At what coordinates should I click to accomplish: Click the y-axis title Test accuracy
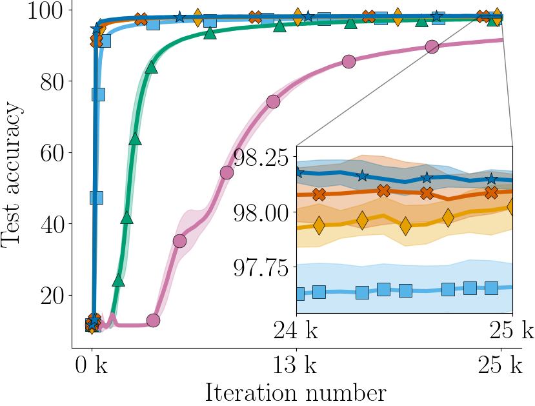[14, 174]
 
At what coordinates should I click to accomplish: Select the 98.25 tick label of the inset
[262, 157]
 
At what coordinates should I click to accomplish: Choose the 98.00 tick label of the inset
[262, 213]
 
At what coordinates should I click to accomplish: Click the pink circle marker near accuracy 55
[227, 172]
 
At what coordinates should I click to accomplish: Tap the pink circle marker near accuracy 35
[180, 241]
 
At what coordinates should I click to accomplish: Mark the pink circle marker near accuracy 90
[432, 46]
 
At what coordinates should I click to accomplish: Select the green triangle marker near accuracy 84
[152, 67]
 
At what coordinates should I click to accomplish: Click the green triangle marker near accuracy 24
[118, 281]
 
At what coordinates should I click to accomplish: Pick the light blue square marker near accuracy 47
[97, 198]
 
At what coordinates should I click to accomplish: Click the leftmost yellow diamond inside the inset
[318, 226]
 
